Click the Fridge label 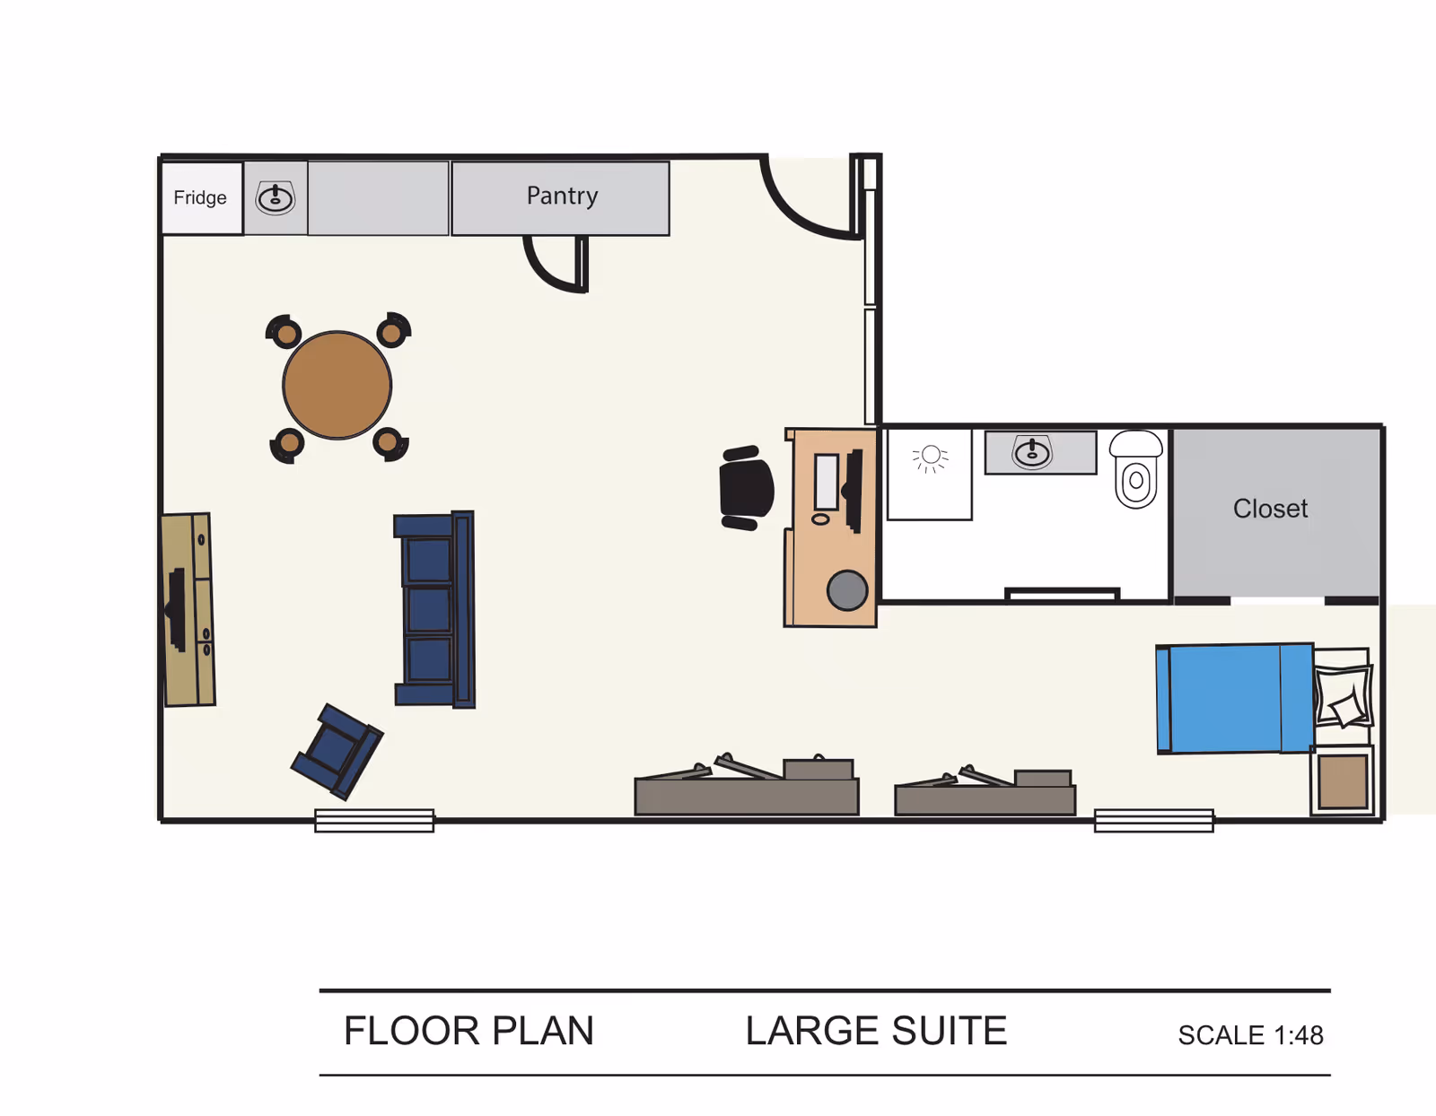click(x=200, y=197)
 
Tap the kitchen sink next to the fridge click(x=276, y=198)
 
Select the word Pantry click(x=562, y=196)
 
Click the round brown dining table click(x=337, y=385)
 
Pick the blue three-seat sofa click(x=434, y=610)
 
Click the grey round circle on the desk click(x=846, y=590)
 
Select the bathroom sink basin click(x=1032, y=452)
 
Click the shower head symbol click(x=931, y=457)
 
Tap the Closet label click(x=1270, y=509)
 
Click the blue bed click(x=1234, y=698)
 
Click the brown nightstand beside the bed click(x=1343, y=780)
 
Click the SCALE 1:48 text click(x=1250, y=1035)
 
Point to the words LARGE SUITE click(x=876, y=1031)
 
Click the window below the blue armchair click(x=374, y=820)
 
